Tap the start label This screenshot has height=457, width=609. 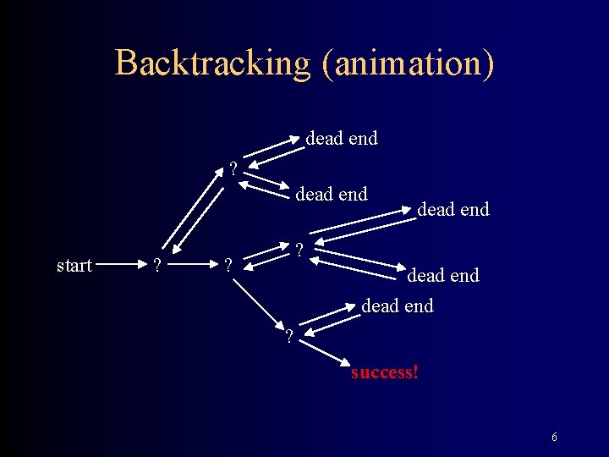[x=74, y=266]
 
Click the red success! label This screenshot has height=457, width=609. [x=385, y=372]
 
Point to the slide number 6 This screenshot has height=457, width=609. [x=554, y=438]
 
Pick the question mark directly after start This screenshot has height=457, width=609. [x=154, y=267]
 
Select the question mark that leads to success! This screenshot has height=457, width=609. [x=289, y=337]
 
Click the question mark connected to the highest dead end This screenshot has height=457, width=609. [x=233, y=168]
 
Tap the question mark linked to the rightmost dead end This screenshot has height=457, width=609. [x=299, y=250]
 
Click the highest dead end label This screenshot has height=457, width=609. [x=341, y=138]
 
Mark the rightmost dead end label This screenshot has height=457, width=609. [x=453, y=209]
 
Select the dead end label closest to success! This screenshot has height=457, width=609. [x=398, y=306]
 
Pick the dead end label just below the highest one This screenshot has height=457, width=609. [x=331, y=194]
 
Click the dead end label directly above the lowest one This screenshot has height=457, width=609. [x=443, y=275]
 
